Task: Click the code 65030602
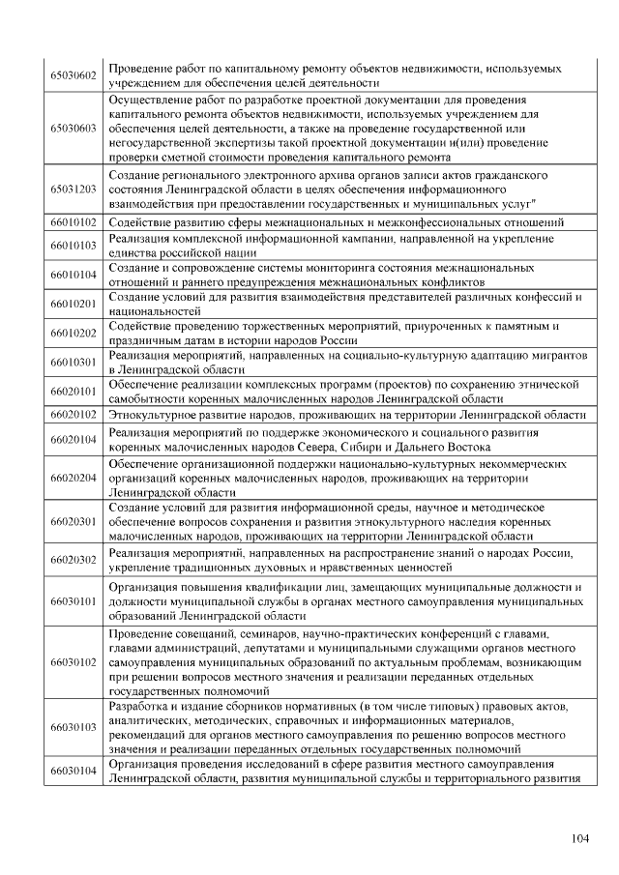tap(74, 77)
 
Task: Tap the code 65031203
tap(74, 190)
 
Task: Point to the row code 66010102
tap(74, 223)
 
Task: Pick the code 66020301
tap(74, 521)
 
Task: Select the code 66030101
tap(74, 601)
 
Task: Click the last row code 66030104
tap(74, 771)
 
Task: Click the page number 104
tap(579, 838)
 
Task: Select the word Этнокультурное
tap(156, 414)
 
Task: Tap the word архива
tap(331, 176)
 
